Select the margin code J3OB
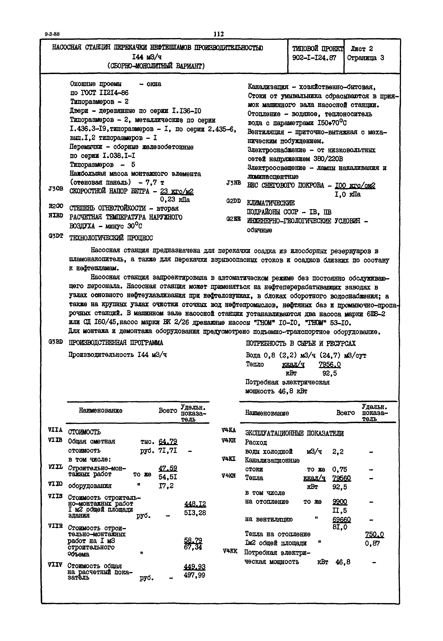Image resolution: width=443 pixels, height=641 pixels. pos(55,189)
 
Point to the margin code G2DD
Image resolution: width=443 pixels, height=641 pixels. pos(233,201)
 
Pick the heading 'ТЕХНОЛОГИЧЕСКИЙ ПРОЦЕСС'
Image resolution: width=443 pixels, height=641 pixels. pos(111,238)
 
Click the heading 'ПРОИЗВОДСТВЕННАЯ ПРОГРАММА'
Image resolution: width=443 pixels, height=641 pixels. pos(116,343)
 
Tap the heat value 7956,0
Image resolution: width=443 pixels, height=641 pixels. pos(330,364)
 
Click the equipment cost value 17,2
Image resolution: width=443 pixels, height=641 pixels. pos(166,486)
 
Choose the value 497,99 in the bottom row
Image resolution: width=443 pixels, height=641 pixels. pos(194,575)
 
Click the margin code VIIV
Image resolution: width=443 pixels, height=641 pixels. pos(55,565)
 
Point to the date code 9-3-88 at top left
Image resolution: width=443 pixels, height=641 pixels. pos(52,34)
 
